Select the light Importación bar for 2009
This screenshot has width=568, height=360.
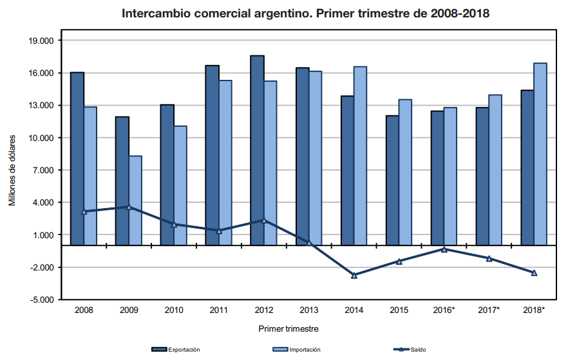[x=135, y=200]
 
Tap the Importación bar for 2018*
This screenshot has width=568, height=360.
[x=540, y=154]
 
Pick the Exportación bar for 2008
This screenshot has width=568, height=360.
[x=77, y=158]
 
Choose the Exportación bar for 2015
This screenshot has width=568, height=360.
[x=392, y=180]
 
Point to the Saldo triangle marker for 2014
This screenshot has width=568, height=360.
[x=354, y=275]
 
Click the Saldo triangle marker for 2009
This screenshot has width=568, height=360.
[x=129, y=207]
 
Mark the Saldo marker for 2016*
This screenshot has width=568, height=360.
[x=444, y=249]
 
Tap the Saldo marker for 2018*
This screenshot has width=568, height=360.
[x=535, y=273]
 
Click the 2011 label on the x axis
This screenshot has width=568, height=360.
[x=219, y=310]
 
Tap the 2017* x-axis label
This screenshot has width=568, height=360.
[x=489, y=310]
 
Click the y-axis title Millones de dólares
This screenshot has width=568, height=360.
[x=12, y=171]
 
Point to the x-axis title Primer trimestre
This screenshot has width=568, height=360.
[x=289, y=328]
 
